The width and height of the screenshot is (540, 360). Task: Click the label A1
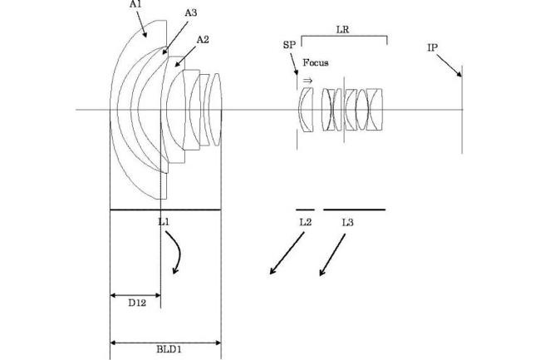(135, 5)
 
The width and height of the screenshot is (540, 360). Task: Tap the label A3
(191, 13)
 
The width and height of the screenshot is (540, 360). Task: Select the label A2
(203, 40)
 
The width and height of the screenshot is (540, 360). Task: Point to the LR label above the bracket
(343, 30)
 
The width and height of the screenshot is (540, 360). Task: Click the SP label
(289, 45)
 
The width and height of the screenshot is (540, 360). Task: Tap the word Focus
(316, 62)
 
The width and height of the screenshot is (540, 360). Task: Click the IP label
(432, 48)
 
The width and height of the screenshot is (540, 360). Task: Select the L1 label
(164, 222)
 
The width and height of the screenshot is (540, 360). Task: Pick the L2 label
(306, 223)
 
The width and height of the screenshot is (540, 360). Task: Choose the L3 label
(347, 223)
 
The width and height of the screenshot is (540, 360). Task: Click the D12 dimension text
(137, 303)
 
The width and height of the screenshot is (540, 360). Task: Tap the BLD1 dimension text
(169, 349)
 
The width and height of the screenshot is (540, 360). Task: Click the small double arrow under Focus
(307, 81)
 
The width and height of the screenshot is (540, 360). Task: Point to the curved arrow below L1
(179, 253)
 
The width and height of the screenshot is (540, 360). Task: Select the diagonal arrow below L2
(287, 254)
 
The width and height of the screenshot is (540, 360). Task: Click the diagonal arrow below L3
(332, 255)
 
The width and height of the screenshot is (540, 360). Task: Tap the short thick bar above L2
(305, 210)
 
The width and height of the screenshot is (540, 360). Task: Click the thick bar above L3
(355, 210)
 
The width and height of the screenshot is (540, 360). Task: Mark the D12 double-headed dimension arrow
(135, 295)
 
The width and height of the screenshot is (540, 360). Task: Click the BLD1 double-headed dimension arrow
(165, 343)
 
